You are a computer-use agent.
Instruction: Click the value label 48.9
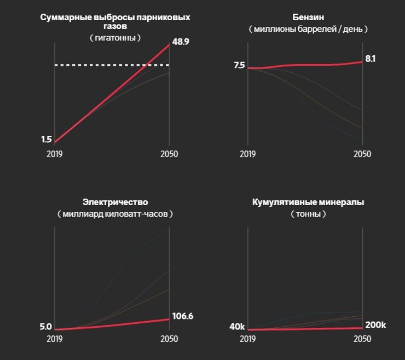click(181, 42)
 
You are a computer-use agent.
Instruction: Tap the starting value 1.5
click(46, 140)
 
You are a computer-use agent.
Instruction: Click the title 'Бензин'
click(308, 18)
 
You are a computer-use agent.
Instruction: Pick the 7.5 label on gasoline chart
click(239, 65)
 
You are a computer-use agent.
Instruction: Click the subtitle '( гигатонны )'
click(115, 38)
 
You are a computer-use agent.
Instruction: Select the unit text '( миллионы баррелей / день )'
click(308, 28)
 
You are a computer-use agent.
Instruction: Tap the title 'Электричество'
click(115, 202)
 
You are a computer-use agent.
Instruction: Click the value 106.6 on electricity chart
click(183, 316)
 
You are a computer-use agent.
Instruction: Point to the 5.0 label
click(45, 327)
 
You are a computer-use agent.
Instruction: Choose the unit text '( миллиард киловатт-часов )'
click(115, 214)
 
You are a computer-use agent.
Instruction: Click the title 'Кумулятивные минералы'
click(308, 202)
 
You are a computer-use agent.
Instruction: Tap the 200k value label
click(375, 325)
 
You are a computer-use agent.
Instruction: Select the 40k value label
click(237, 327)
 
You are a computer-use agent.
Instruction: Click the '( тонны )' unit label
click(308, 214)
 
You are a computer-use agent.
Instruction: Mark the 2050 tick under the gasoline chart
click(362, 154)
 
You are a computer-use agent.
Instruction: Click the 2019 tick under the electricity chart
click(54, 339)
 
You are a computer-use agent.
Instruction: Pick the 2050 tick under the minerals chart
click(362, 339)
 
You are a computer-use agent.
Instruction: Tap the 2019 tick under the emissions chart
click(54, 154)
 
